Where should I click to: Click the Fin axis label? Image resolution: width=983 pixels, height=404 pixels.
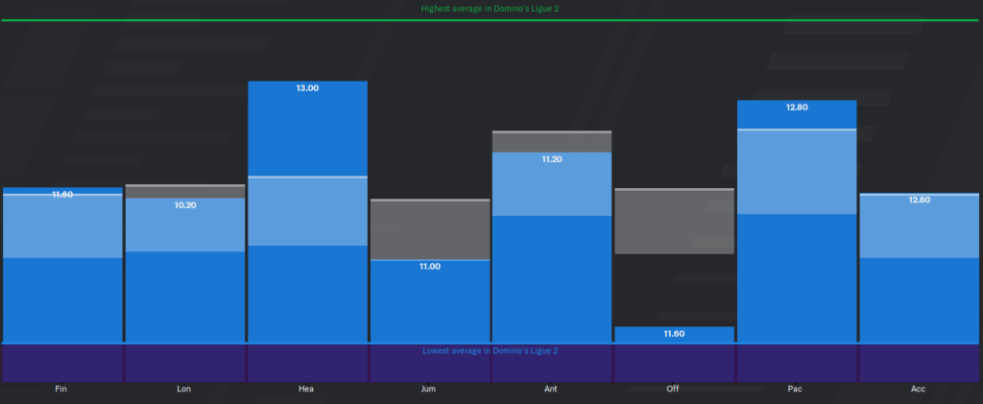(61, 390)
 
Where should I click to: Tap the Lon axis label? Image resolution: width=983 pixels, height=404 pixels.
(184, 390)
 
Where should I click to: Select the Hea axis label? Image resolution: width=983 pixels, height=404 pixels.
(307, 390)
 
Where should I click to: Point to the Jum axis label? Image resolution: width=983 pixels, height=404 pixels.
(429, 390)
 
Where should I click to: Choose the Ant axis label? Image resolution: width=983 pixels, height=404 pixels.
(552, 390)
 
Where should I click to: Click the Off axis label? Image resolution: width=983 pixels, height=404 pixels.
(674, 390)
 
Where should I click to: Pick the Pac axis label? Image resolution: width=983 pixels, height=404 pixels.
(797, 390)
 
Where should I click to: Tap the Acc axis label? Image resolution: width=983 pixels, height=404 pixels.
(919, 390)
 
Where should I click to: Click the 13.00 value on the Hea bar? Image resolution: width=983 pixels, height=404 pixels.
(307, 88)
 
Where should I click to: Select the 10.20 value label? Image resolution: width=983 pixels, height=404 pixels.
(184, 205)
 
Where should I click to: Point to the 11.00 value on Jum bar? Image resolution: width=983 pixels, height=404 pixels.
(429, 266)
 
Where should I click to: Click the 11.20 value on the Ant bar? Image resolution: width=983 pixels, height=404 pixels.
(552, 159)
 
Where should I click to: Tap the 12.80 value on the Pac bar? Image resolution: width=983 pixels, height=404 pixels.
(797, 107)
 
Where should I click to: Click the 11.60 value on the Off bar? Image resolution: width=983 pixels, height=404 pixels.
(674, 333)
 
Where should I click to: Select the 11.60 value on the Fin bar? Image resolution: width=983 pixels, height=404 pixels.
(61, 195)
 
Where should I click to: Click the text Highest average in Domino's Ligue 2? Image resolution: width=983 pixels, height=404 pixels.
(491, 9)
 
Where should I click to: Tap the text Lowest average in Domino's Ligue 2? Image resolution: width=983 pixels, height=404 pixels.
(490, 350)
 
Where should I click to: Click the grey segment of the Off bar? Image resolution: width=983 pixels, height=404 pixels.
(674, 222)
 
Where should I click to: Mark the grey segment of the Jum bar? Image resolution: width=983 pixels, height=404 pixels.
(429, 229)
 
